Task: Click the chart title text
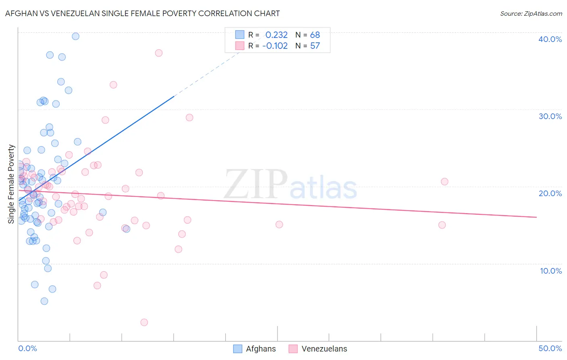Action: (x=142, y=13)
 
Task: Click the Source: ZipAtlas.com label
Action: (x=531, y=13)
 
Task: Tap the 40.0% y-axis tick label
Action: (x=550, y=39)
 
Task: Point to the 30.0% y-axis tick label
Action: (x=550, y=116)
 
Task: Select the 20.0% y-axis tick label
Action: (x=550, y=193)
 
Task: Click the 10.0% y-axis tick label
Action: (x=550, y=271)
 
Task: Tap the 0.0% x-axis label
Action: (x=27, y=348)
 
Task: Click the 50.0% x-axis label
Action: (x=550, y=348)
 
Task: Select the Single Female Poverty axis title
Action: (x=11, y=184)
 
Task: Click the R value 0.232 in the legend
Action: (x=276, y=35)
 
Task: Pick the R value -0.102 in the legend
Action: (x=275, y=46)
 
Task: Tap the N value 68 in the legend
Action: (x=315, y=35)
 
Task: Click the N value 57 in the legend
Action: (x=315, y=46)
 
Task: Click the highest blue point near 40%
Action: (x=75, y=36)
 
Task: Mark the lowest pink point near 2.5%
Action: (x=144, y=322)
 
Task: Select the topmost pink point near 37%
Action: (x=159, y=53)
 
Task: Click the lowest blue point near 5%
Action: (x=44, y=301)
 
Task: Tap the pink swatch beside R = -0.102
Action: (x=240, y=46)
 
